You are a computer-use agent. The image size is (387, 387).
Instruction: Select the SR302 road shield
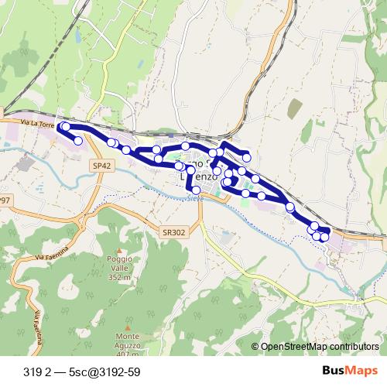(173, 231)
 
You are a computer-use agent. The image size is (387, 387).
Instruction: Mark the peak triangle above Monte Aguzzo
(128, 327)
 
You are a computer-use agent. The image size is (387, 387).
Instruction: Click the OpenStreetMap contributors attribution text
(320, 347)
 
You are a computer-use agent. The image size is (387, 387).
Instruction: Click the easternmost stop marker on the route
(324, 237)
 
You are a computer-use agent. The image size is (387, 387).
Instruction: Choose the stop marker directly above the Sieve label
(196, 190)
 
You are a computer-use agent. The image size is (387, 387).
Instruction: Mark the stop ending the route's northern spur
(247, 157)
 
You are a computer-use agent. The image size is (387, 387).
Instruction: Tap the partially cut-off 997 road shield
(5, 200)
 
